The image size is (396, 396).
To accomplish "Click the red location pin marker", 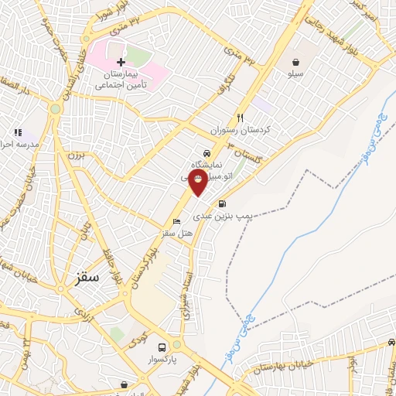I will click(199, 182).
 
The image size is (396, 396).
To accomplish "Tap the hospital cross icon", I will click(121, 61).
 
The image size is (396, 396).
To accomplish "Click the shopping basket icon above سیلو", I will click(295, 61).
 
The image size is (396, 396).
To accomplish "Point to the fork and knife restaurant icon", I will click(241, 118).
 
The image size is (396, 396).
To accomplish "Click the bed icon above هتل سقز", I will click(177, 223).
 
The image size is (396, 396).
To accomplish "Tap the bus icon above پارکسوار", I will click(162, 348).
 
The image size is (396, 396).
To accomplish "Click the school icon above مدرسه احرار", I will click(18, 133).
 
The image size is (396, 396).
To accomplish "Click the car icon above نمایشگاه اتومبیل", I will click(206, 153).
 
